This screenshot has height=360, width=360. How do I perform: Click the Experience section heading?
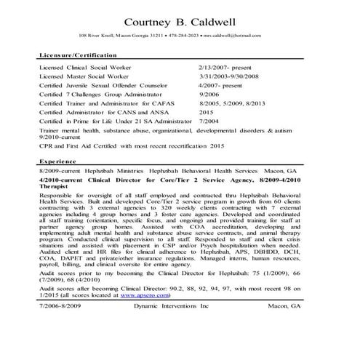57,161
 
